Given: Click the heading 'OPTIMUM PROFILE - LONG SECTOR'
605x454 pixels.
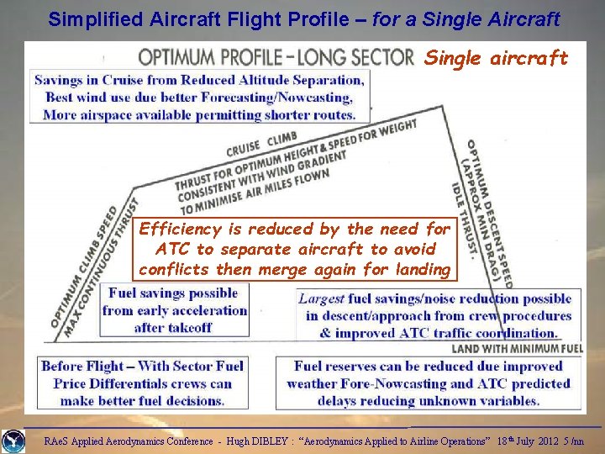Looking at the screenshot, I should (276, 57).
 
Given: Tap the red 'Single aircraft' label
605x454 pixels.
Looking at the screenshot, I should (496, 58).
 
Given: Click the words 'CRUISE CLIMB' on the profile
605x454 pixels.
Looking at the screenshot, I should (261, 144).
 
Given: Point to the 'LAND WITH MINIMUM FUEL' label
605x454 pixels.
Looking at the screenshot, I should (517, 348).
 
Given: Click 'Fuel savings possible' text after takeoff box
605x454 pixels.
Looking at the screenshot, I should (172, 293).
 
